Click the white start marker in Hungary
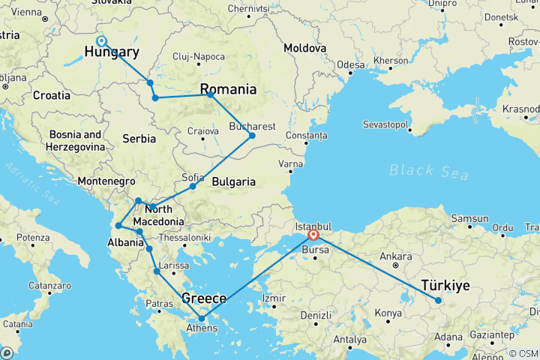pos(102,42)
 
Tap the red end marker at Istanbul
pos(313,234)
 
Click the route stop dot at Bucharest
pos(252,135)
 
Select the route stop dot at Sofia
pos(193,186)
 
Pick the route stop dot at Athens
pos(201,319)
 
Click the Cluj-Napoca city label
pos(199,56)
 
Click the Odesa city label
pos(350,65)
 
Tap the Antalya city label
pos(350,340)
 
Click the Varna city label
pos(291,163)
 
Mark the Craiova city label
pos(202,130)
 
